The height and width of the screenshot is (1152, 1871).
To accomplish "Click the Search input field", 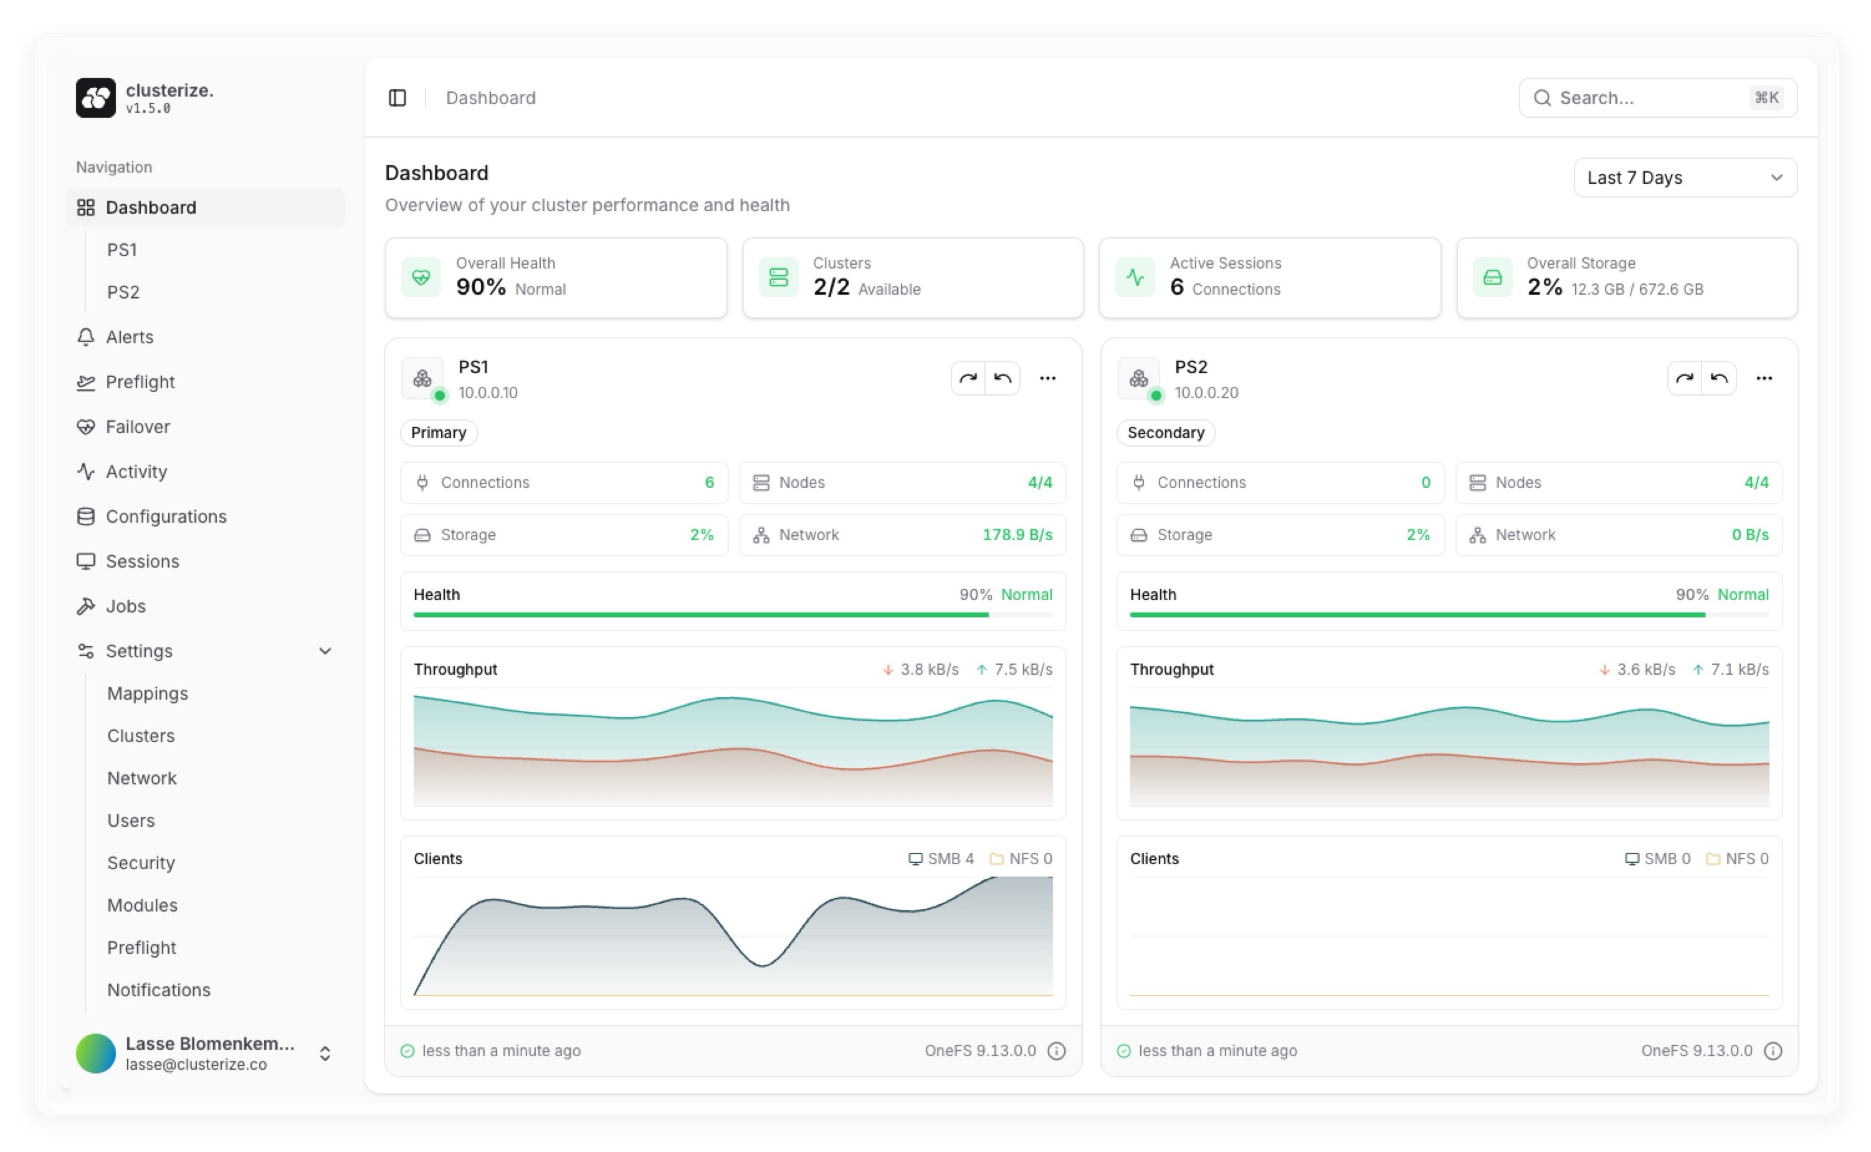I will pyautogui.click(x=1645, y=98).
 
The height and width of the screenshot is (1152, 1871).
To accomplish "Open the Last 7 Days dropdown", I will pyautogui.click(x=1684, y=178).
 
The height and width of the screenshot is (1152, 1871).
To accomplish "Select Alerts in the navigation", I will pyautogui.click(x=129, y=337).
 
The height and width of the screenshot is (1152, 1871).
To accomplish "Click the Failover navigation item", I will pyautogui.click(x=137, y=427).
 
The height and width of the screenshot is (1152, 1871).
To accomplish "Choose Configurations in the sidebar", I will pyautogui.click(x=165, y=516).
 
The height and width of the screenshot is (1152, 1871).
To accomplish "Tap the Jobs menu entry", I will pyautogui.click(x=125, y=606).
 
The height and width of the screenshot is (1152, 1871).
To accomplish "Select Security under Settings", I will pyautogui.click(x=141, y=862).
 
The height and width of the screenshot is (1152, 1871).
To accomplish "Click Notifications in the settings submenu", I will pyautogui.click(x=158, y=990).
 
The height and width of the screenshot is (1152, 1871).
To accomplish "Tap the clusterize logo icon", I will pyautogui.click(x=96, y=98).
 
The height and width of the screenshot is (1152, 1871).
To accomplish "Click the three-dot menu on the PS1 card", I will pyautogui.click(x=1047, y=378).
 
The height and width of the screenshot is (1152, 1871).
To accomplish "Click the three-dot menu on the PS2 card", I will pyautogui.click(x=1764, y=378).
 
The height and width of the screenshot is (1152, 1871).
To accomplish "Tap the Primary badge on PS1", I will pyautogui.click(x=439, y=433).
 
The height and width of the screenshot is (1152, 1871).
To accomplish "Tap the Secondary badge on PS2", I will pyautogui.click(x=1166, y=433).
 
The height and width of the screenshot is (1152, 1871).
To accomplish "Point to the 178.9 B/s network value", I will pyautogui.click(x=1017, y=535).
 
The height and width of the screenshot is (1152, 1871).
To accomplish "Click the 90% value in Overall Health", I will pyautogui.click(x=481, y=287).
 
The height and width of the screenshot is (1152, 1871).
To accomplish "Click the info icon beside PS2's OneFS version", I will pyautogui.click(x=1773, y=1050).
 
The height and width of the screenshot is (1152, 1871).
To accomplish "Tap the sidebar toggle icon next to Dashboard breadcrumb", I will pyautogui.click(x=398, y=98).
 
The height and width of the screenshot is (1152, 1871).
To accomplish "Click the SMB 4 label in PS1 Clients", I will pyautogui.click(x=941, y=859).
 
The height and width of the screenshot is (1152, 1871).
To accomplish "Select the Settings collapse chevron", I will pyautogui.click(x=325, y=650).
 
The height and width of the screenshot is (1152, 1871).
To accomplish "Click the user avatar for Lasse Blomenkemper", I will pyautogui.click(x=96, y=1053).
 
